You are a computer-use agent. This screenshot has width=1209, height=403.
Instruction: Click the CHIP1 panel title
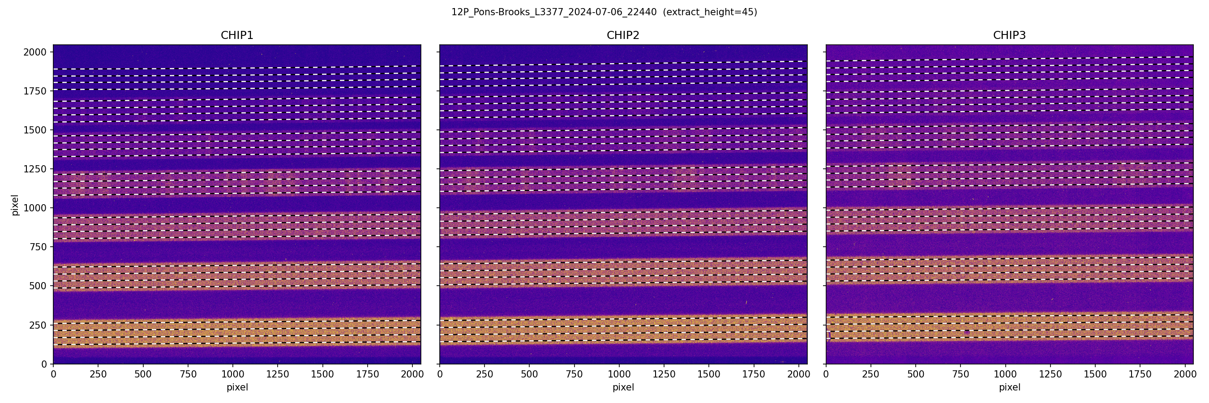pyautogui.click(x=237, y=35)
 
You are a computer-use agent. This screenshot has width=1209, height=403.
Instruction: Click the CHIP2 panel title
pyautogui.click(x=623, y=35)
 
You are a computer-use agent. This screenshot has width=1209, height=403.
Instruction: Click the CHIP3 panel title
pyautogui.click(x=1009, y=35)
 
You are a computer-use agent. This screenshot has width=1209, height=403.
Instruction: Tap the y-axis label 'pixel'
pyautogui.click(x=15, y=205)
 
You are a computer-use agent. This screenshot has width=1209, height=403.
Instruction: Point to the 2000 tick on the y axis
pyautogui.click(x=35, y=52)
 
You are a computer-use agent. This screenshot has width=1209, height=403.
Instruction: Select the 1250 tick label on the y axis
pyautogui.click(x=35, y=169)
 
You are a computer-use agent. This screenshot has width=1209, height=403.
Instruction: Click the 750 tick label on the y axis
pyautogui.click(x=38, y=247)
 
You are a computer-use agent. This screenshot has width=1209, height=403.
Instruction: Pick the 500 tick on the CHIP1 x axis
pyautogui.click(x=143, y=374)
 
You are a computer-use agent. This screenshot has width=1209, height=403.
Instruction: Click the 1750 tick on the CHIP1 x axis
pyautogui.click(x=368, y=374)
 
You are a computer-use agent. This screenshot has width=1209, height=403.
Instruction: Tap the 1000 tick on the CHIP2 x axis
pyautogui.click(x=619, y=374)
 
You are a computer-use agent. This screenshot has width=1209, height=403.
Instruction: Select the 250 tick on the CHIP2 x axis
pyautogui.click(x=484, y=374)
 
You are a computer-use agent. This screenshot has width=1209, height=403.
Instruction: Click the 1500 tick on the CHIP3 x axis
pyautogui.click(x=1095, y=374)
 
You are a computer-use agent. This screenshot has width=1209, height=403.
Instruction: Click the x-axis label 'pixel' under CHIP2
pyautogui.click(x=623, y=387)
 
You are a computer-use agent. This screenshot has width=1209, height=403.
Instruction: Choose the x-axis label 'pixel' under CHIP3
pyautogui.click(x=1009, y=387)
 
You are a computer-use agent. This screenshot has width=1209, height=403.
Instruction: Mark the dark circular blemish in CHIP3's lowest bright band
pyautogui.click(x=967, y=332)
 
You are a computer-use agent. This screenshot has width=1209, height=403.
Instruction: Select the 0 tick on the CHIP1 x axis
pyautogui.click(x=53, y=374)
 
